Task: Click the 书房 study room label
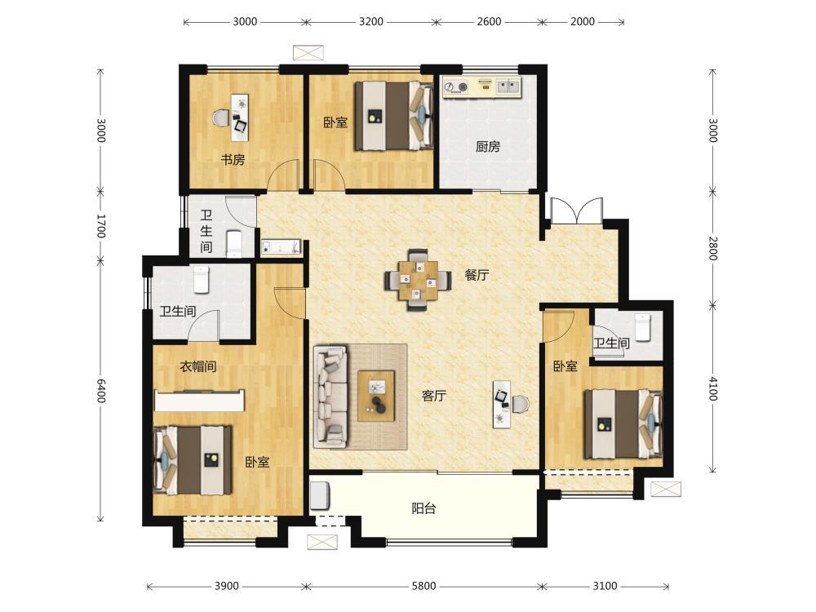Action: pos(233,159)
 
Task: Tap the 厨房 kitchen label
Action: pos(488,147)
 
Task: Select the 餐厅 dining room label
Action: pos(477,275)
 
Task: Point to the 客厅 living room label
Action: pos(433,396)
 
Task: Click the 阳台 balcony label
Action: pos(424,508)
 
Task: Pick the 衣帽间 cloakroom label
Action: pos(197,366)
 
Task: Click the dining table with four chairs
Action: pos(418,280)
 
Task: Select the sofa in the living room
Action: pos(330,396)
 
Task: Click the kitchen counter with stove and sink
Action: pos(482,86)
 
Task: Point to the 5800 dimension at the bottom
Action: pos(424,586)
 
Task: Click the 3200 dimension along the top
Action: pos(371,22)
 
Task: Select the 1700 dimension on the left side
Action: pos(101,226)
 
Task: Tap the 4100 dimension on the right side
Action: pos(713,388)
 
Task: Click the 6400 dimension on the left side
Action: pos(101,390)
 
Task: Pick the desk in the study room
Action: pos(240,118)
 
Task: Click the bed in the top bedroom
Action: pos(394,116)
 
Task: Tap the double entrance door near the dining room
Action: pos(577,211)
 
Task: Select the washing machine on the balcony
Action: pos(321,495)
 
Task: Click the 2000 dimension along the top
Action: pos(583,22)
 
